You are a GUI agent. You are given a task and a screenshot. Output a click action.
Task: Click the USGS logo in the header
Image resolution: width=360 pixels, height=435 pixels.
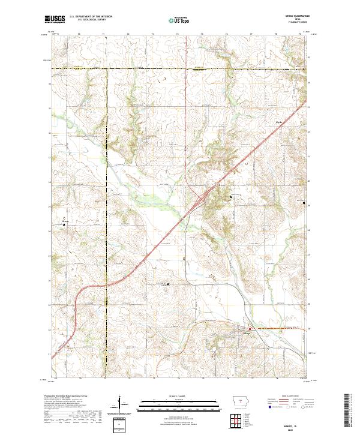click(x=55, y=20)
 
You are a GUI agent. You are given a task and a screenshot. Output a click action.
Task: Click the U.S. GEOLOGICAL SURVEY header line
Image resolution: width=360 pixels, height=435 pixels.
click(x=88, y=20)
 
